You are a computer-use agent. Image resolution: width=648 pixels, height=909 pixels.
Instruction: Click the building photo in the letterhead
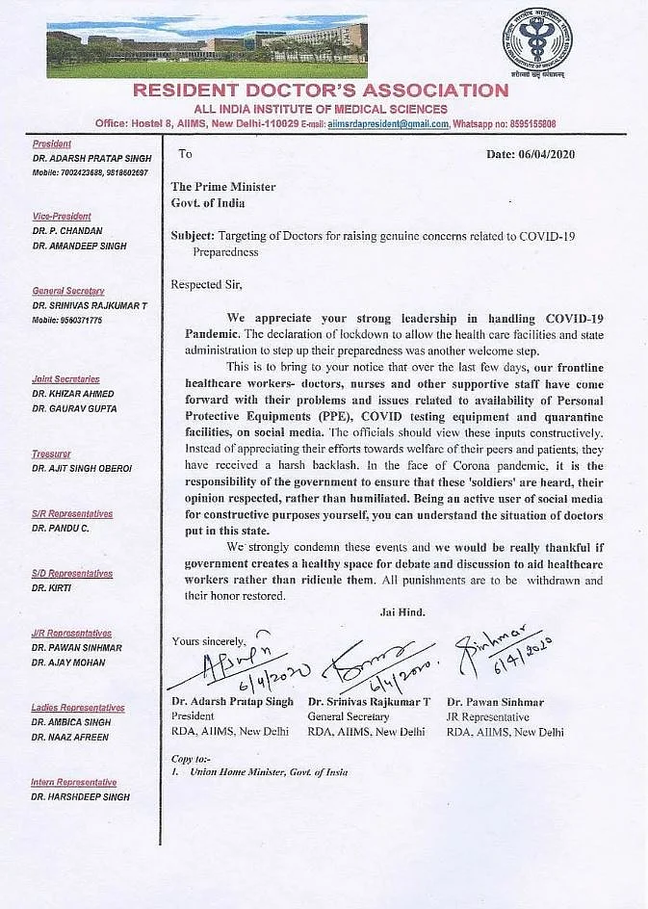click(x=207, y=45)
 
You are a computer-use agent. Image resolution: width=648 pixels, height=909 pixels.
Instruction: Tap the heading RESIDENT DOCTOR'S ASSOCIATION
click(x=320, y=91)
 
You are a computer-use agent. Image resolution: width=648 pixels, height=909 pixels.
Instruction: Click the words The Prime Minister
click(x=223, y=187)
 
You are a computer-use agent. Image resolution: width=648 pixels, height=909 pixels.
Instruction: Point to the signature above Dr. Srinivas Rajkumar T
click(x=370, y=664)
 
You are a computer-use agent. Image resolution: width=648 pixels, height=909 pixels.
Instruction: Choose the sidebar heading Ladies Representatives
click(x=77, y=708)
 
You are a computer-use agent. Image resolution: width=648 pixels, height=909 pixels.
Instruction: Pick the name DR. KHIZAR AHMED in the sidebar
click(x=73, y=394)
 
